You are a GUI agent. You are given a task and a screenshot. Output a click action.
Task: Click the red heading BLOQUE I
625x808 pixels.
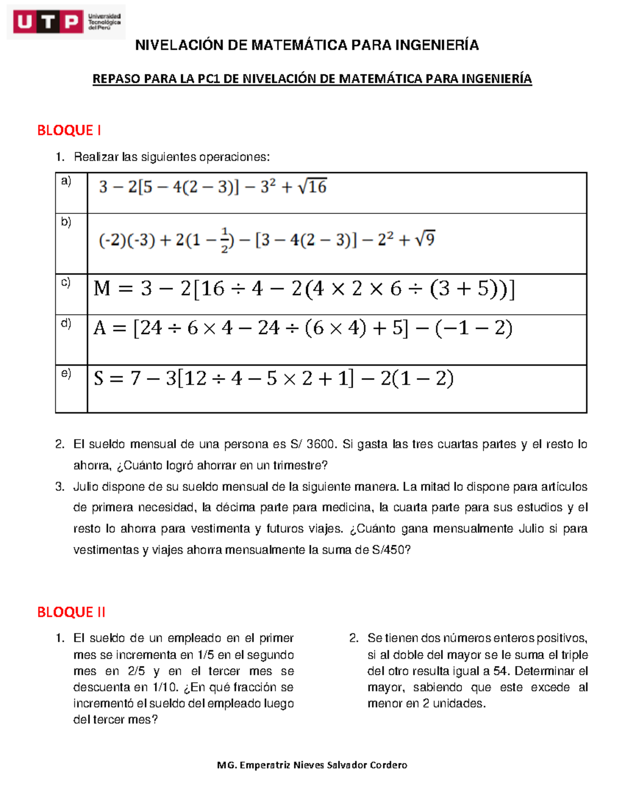pos(69,130)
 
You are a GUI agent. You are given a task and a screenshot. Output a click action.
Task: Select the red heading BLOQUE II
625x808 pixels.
pos(71,612)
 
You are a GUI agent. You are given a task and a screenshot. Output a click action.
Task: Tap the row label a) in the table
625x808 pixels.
pos(66,181)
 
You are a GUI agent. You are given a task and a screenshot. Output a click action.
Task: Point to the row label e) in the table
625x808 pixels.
pos(66,373)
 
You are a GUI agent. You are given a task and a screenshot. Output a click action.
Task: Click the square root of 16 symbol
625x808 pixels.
pos(312,186)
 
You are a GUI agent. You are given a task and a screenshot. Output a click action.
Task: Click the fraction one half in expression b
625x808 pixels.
pos(224,240)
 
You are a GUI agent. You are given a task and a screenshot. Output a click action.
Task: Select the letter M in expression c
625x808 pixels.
pos(102,288)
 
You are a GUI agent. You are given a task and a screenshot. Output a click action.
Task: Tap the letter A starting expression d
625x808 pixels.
pos(100,328)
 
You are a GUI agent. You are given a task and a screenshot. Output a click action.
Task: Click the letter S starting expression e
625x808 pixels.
pos(99,378)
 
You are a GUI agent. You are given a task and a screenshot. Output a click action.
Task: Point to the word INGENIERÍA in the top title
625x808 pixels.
pos(437,45)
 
